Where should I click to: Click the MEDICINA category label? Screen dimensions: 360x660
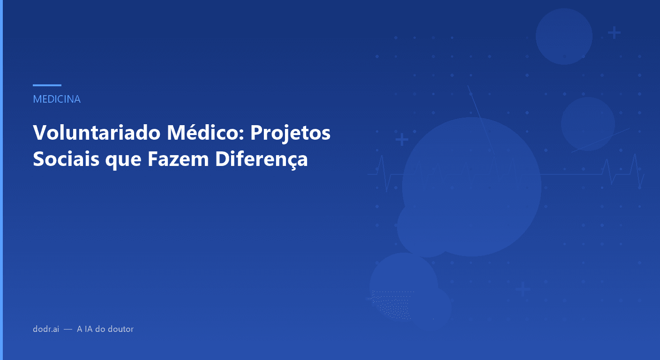[x=57, y=99]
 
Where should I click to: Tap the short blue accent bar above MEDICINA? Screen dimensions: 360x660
[x=47, y=85]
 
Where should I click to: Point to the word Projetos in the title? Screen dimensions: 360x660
[x=290, y=133]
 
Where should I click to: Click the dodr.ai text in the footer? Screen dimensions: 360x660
[x=46, y=329]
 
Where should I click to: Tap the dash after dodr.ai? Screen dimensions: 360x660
[x=68, y=330]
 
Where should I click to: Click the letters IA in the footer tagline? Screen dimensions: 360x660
[x=88, y=329]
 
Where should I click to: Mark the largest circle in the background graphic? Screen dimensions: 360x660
[x=472, y=187]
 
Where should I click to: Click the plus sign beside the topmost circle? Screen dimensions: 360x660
[x=614, y=33]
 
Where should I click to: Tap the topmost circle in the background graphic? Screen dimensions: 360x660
[x=564, y=36]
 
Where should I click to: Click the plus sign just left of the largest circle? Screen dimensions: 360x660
[x=402, y=140]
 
